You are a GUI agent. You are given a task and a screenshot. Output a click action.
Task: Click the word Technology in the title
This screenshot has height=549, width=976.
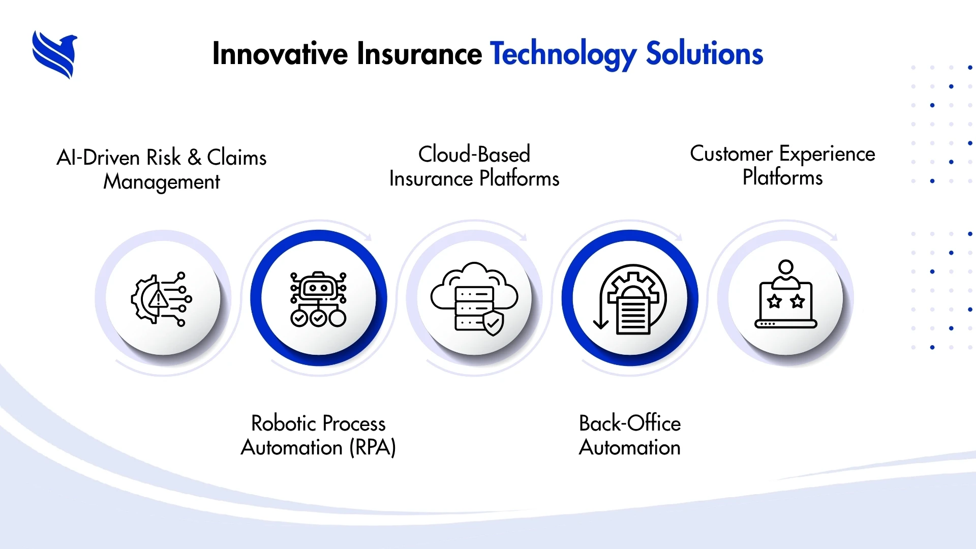coord(563,54)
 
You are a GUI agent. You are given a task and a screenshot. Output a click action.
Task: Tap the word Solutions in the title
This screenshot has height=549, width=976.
coord(705,53)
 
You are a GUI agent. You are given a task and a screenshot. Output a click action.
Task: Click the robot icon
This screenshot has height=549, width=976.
coord(318,299)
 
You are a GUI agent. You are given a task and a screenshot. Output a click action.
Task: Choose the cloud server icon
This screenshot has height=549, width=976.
coord(474,299)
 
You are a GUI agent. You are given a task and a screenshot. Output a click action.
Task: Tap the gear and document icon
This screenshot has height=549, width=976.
coord(630,299)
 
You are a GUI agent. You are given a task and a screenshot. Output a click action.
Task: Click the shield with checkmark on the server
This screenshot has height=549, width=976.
coord(493,324)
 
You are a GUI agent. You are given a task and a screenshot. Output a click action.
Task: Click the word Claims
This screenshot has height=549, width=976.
coord(237,158)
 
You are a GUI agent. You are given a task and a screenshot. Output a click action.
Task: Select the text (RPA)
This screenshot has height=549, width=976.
coord(373,448)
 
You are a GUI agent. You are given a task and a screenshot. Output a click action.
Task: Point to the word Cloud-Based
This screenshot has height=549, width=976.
coord(474,154)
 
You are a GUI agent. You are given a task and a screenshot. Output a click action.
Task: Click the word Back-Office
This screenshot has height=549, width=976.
coord(630,423)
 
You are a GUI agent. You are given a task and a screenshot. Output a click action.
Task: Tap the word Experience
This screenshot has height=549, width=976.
coord(828,154)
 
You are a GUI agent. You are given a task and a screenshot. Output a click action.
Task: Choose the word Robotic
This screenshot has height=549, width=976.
coord(284,423)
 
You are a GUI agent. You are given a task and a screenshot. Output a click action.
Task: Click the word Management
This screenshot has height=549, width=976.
coord(162,182)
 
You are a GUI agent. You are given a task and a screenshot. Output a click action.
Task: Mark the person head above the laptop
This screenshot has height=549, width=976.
coord(786,267)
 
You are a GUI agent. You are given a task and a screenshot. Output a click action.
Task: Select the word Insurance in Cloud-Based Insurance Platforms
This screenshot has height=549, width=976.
coord(431,179)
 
